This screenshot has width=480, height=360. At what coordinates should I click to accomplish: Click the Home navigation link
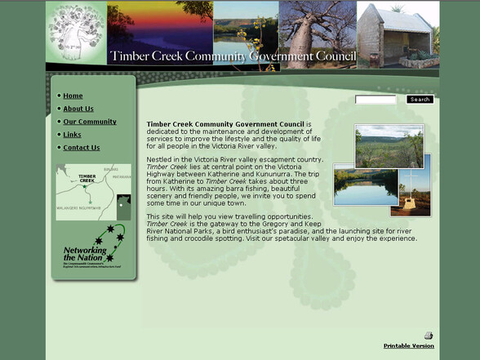click(73, 96)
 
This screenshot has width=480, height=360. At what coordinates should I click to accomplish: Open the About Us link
click(78, 109)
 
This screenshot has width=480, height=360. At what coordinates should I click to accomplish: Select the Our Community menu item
click(90, 122)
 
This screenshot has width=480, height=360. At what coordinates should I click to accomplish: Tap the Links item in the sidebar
click(72, 135)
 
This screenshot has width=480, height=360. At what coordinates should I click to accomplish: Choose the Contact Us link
click(82, 148)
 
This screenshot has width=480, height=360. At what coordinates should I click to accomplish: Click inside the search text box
click(376, 100)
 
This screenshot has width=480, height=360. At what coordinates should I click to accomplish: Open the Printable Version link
click(409, 346)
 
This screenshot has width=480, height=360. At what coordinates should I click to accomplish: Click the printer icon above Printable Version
click(428, 336)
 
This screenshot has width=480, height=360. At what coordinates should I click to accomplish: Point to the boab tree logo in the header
click(76, 33)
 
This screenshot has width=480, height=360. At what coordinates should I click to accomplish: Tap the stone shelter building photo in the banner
click(398, 33)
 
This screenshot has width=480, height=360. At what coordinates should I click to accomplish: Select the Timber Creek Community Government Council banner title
click(233, 56)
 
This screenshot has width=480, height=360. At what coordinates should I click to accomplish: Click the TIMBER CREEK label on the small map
click(87, 178)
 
